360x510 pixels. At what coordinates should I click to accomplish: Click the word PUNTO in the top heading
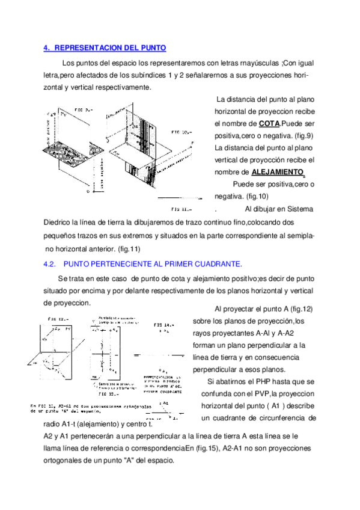tap(153, 48)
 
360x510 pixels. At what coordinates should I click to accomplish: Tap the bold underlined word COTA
tap(268, 124)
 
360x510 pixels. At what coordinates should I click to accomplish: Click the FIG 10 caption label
tap(180, 131)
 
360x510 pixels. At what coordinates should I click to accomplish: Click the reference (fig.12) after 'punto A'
tap(300, 309)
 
